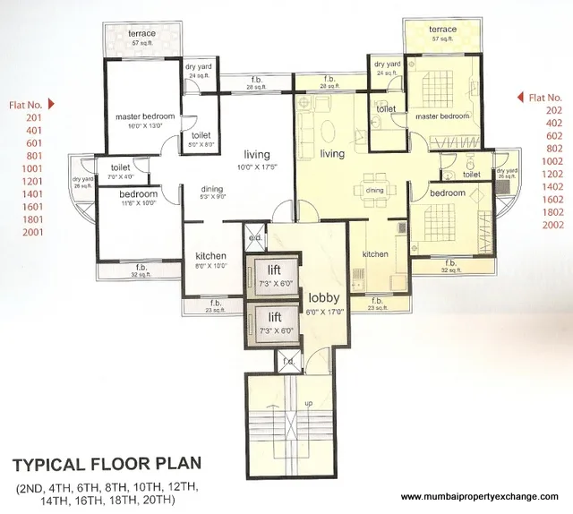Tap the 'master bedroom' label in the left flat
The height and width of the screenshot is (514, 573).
144,116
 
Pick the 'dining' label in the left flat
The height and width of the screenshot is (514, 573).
212,189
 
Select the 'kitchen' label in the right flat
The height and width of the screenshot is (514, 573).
374,254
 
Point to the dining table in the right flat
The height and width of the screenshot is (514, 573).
374,190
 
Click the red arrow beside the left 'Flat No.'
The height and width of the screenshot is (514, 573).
52,103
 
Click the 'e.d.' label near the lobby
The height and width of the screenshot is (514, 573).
254,238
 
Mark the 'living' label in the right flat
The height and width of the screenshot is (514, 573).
332,154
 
